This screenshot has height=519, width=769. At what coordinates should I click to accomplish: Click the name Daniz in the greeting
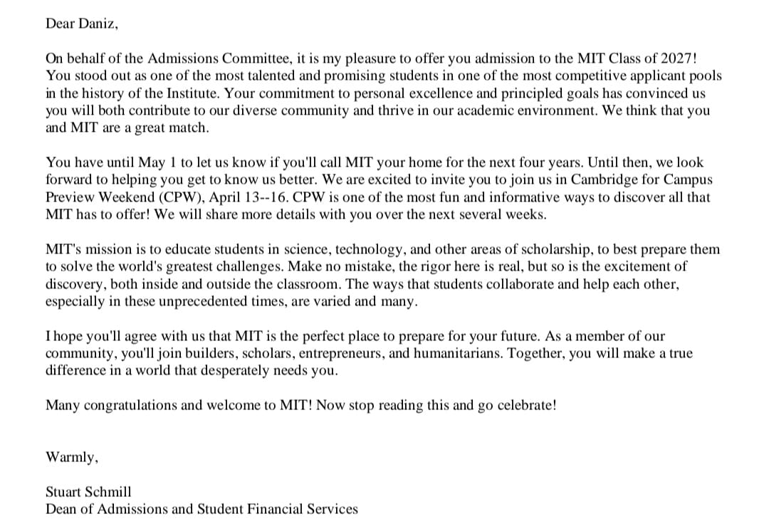(97, 23)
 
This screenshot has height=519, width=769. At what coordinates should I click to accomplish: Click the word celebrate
(526, 406)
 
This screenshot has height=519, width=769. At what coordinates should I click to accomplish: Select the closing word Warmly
(70, 458)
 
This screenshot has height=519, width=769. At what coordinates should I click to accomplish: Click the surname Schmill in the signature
(108, 492)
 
